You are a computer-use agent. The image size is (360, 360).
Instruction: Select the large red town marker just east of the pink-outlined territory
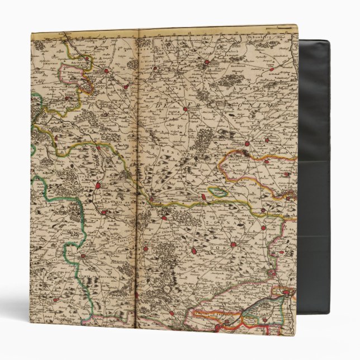(x=106, y=71)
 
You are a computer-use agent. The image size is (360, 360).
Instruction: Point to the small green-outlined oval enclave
(x=219, y=192)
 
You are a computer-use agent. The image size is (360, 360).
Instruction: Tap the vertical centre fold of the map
(x=138, y=168)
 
